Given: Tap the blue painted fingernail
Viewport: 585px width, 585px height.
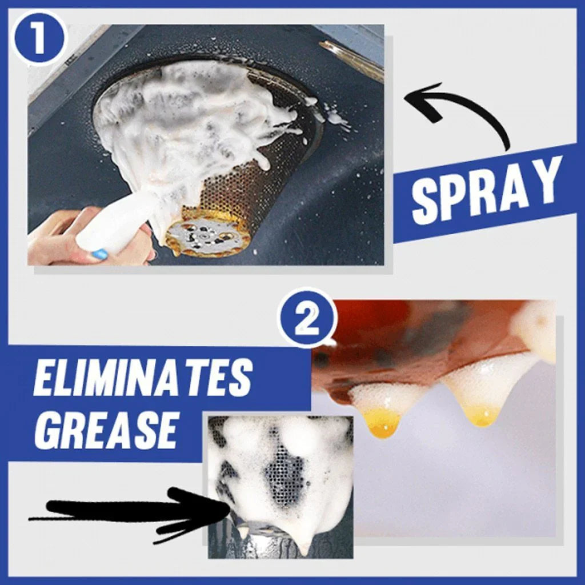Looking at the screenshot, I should pos(98,253).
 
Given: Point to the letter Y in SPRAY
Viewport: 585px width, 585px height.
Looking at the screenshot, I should pos(546,178).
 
